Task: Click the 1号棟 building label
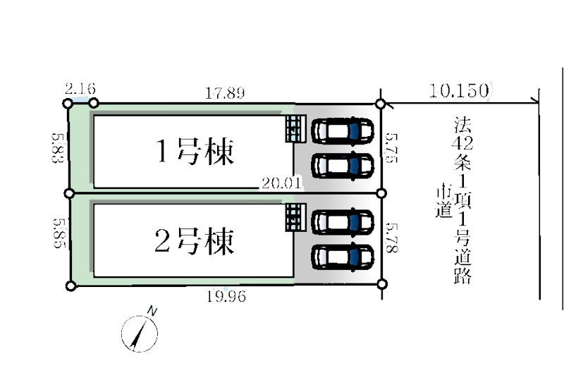tap(195, 152)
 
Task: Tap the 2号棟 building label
tap(195, 241)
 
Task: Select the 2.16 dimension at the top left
tap(80, 89)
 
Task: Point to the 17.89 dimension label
tap(225, 93)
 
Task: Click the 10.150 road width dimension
tap(459, 90)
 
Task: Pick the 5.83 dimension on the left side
tap(58, 147)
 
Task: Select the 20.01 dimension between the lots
tap(281, 183)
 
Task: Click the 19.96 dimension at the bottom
tap(226, 296)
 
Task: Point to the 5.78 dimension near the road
tap(392, 238)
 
